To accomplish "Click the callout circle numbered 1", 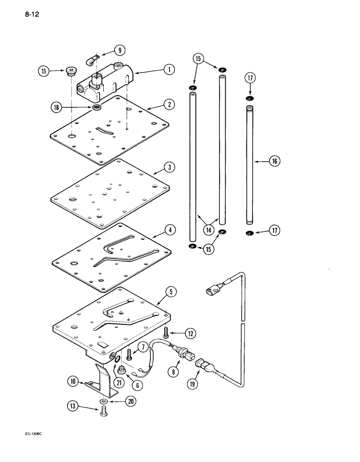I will [x=169, y=70].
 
